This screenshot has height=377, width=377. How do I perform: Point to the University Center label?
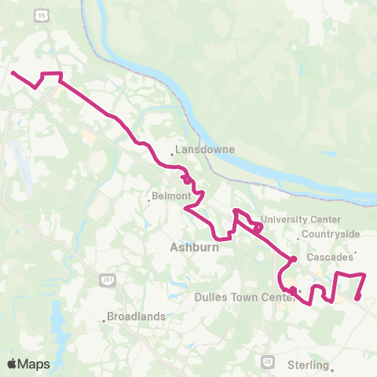coord(302,219)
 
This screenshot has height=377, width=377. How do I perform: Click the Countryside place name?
coord(333,234)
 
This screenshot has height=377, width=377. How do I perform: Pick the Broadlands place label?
coord(138,317)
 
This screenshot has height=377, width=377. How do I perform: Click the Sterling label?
coord(308,364)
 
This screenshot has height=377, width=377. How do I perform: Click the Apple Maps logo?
coord(27,364)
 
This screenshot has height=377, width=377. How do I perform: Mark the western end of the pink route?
coord(13,72)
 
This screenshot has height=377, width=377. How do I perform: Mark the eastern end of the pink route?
coord(357,298)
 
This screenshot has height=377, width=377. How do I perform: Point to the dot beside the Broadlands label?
coord(104,320)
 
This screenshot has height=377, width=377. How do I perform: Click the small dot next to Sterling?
coord(332,368)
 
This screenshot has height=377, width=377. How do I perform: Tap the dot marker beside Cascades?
coord(356,252)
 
